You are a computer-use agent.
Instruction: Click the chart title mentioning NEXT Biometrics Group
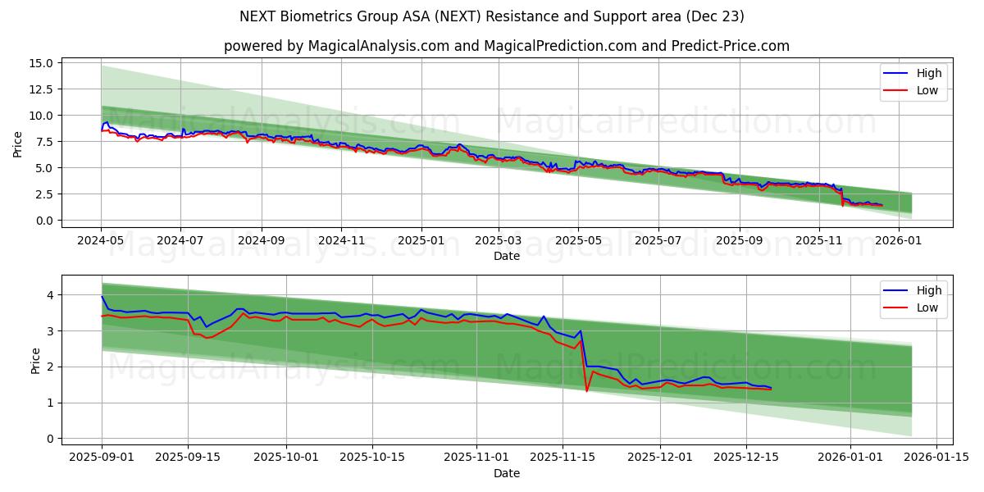(x=492, y=16)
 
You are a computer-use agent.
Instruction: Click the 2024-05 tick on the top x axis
(x=101, y=241)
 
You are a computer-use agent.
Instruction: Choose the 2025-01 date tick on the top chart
(x=421, y=241)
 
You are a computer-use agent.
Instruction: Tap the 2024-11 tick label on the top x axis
(x=341, y=241)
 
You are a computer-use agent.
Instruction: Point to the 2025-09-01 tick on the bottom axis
(x=102, y=458)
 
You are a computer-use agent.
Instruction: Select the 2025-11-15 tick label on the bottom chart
(x=562, y=458)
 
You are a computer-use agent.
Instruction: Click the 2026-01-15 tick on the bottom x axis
(x=930, y=458)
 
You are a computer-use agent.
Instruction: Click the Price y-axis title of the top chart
(x=18, y=143)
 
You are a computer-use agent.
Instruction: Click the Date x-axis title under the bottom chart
(x=506, y=473)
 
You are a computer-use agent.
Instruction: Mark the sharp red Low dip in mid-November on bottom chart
(x=586, y=390)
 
